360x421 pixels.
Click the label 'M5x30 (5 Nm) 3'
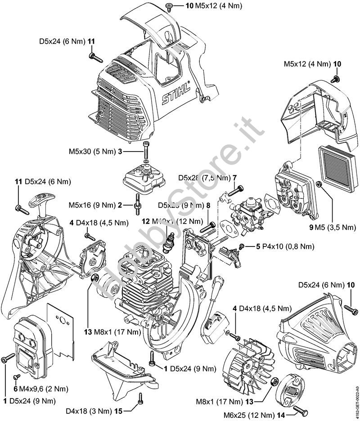pyautogui.click(x=98, y=152)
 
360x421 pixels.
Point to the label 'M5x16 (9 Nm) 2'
pyautogui.click(x=95, y=206)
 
